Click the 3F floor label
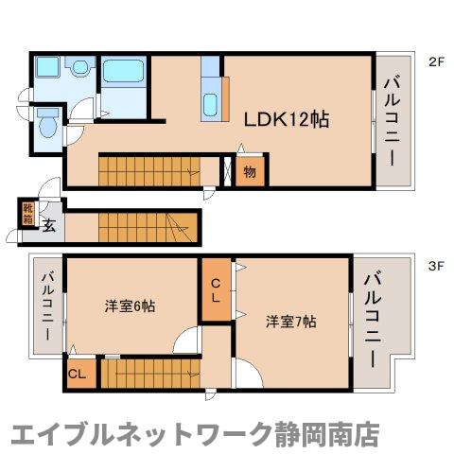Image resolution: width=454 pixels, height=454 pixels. pyautogui.click(x=435, y=267)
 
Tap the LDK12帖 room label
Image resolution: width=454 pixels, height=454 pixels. pyautogui.click(x=287, y=120)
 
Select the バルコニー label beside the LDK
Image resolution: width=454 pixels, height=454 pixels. pyautogui.click(x=392, y=122)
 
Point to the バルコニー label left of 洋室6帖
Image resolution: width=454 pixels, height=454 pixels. pyautogui.click(x=47, y=306)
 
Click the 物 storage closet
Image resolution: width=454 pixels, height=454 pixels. pyautogui.click(x=250, y=173)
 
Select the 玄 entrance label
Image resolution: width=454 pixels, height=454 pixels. pyautogui.click(x=49, y=226)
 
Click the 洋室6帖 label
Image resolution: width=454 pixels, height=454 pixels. pyautogui.click(x=130, y=306)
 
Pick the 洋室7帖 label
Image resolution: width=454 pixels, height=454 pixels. pyautogui.click(x=290, y=321)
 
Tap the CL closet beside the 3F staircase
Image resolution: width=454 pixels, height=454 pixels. pyautogui.click(x=78, y=374)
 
